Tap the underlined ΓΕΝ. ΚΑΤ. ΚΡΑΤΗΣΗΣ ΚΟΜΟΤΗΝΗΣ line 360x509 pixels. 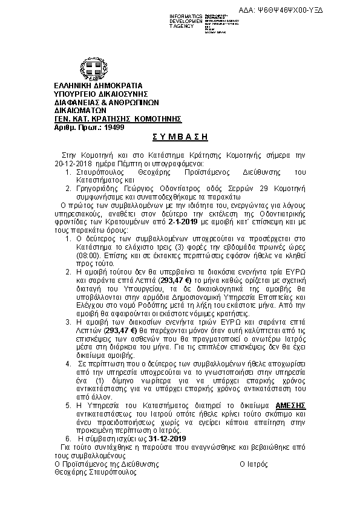pyautogui.click(x=118, y=118)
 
